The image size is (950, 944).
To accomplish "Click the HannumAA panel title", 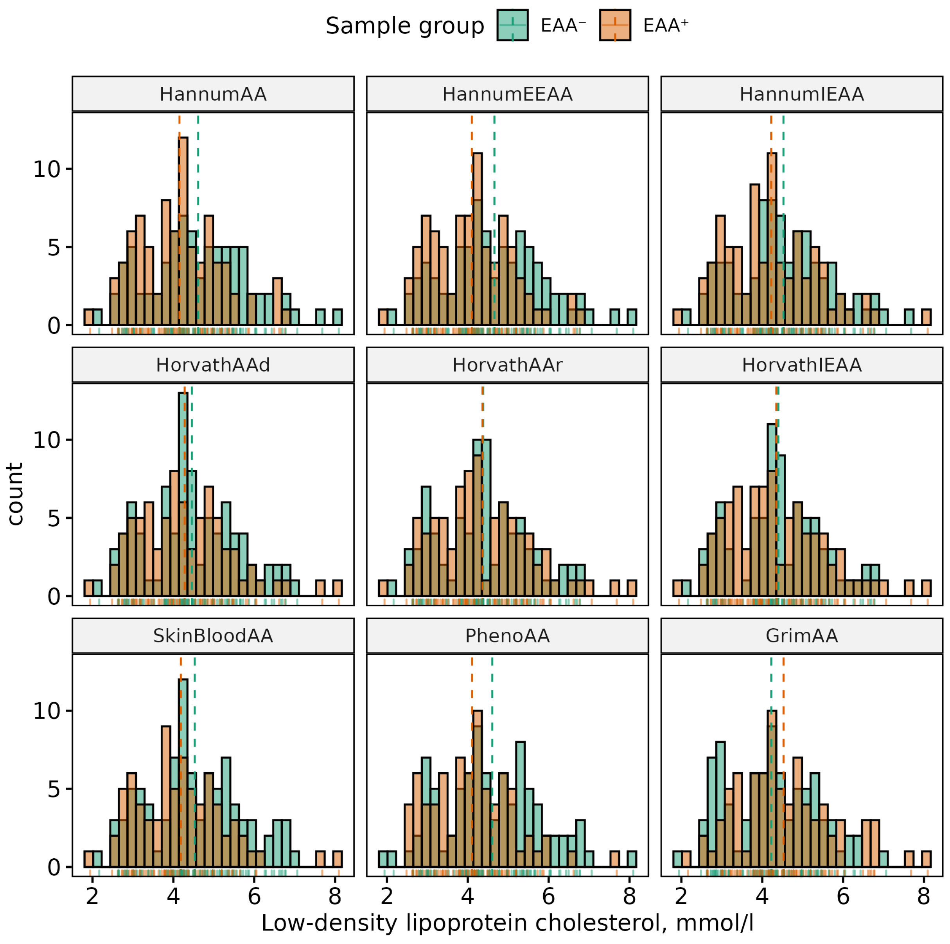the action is click(x=213, y=94).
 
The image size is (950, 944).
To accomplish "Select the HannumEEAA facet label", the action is click(x=507, y=94).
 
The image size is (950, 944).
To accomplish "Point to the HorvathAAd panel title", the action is click(x=213, y=365).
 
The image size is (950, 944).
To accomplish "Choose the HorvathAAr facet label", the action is click(x=507, y=365).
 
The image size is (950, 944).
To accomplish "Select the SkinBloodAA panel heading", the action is click(x=213, y=636).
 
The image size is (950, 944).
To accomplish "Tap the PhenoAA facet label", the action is click(x=507, y=636).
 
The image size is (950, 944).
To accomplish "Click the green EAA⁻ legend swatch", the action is click(x=513, y=25).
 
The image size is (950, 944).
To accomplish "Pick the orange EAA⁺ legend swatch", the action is click(x=615, y=25).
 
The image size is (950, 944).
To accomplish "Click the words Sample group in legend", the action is click(x=405, y=25).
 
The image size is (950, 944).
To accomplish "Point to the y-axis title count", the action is click(x=15, y=494).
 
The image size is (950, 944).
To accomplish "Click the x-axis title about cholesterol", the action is click(x=507, y=923).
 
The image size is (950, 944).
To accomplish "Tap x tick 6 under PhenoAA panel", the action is click(x=549, y=896).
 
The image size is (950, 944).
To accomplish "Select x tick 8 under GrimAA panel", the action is click(x=924, y=896).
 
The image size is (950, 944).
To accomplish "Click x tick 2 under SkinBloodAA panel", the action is click(x=92, y=896).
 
